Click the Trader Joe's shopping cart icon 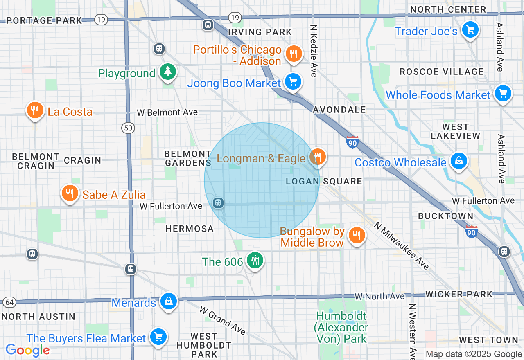[x=470, y=30]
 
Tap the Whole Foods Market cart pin [x=503, y=94]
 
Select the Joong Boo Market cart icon [x=293, y=82]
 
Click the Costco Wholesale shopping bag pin [x=459, y=161]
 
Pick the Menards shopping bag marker [x=168, y=301]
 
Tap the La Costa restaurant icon [x=35, y=110]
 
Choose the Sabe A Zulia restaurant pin [x=70, y=193]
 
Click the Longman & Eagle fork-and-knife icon [x=317, y=157]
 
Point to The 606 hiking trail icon [x=255, y=261]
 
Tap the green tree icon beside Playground [x=167, y=72]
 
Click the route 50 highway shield [x=128, y=128]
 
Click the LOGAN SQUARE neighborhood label [x=324, y=181]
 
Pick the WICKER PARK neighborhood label [x=459, y=294]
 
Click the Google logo [x=27, y=350]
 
